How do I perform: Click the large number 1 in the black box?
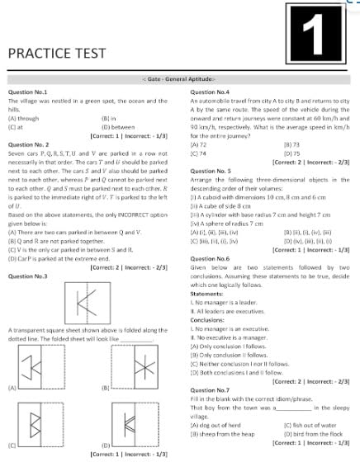coord(324,37)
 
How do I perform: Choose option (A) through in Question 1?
coord(26,119)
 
